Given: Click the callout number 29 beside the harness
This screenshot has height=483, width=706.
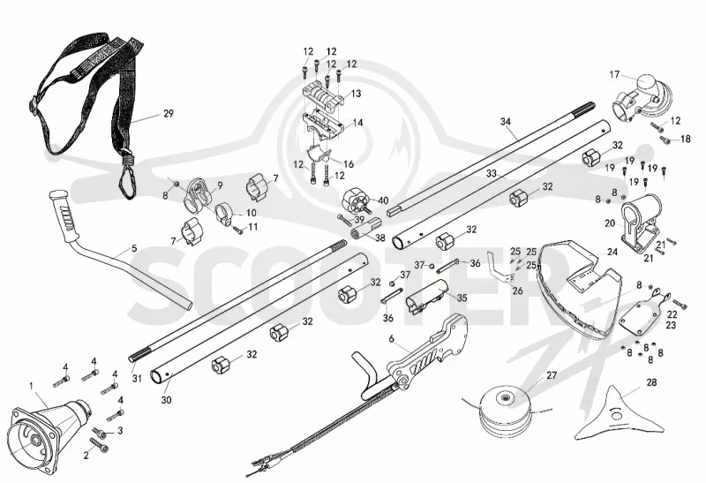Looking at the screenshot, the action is point(169,114).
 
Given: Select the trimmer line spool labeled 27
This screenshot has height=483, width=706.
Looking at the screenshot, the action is point(506,411).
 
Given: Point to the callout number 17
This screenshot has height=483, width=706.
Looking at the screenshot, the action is point(614,75).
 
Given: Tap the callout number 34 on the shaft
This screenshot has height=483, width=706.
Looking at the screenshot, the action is point(506,121).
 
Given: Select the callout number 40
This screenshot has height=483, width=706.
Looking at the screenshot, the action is point(383,200).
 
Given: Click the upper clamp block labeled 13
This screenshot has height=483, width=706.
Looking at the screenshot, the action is point(324,95).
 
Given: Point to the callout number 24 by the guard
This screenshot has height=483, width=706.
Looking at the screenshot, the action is point(612,252).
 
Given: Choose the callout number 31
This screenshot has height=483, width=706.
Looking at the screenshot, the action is point(137,379).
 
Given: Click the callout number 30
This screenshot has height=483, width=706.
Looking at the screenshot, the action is point(166,400).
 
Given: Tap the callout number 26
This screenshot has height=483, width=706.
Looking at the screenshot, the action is point(518,291).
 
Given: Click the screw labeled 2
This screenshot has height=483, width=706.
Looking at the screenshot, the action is point(100,445).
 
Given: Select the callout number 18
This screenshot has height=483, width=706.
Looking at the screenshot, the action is point(686,139).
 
